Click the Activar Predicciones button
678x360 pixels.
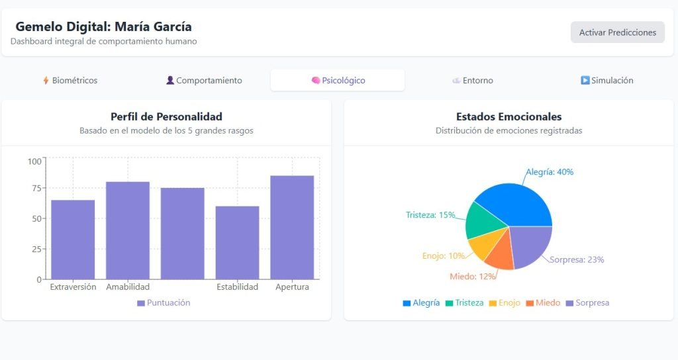[x=617, y=32]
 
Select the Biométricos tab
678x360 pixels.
[x=70, y=81]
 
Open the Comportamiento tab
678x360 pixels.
[x=204, y=81]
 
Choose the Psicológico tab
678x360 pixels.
[x=338, y=81]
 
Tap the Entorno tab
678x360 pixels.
[x=472, y=81]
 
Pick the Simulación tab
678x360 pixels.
[x=606, y=81]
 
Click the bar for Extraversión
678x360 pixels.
[x=73, y=240]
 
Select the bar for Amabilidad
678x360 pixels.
[x=128, y=230]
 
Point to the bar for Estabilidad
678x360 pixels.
[x=237, y=242]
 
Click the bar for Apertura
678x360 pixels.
[x=292, y=227]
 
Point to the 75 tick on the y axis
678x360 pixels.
[x=35, y=188]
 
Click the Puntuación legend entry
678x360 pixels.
[x=164, y=303]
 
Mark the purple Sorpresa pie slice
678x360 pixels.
[x=530, y=245]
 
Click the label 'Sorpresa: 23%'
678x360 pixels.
[x=577, y=260]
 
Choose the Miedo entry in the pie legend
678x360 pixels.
[x=543, y=303]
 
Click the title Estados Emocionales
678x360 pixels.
[x=508, y=117]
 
